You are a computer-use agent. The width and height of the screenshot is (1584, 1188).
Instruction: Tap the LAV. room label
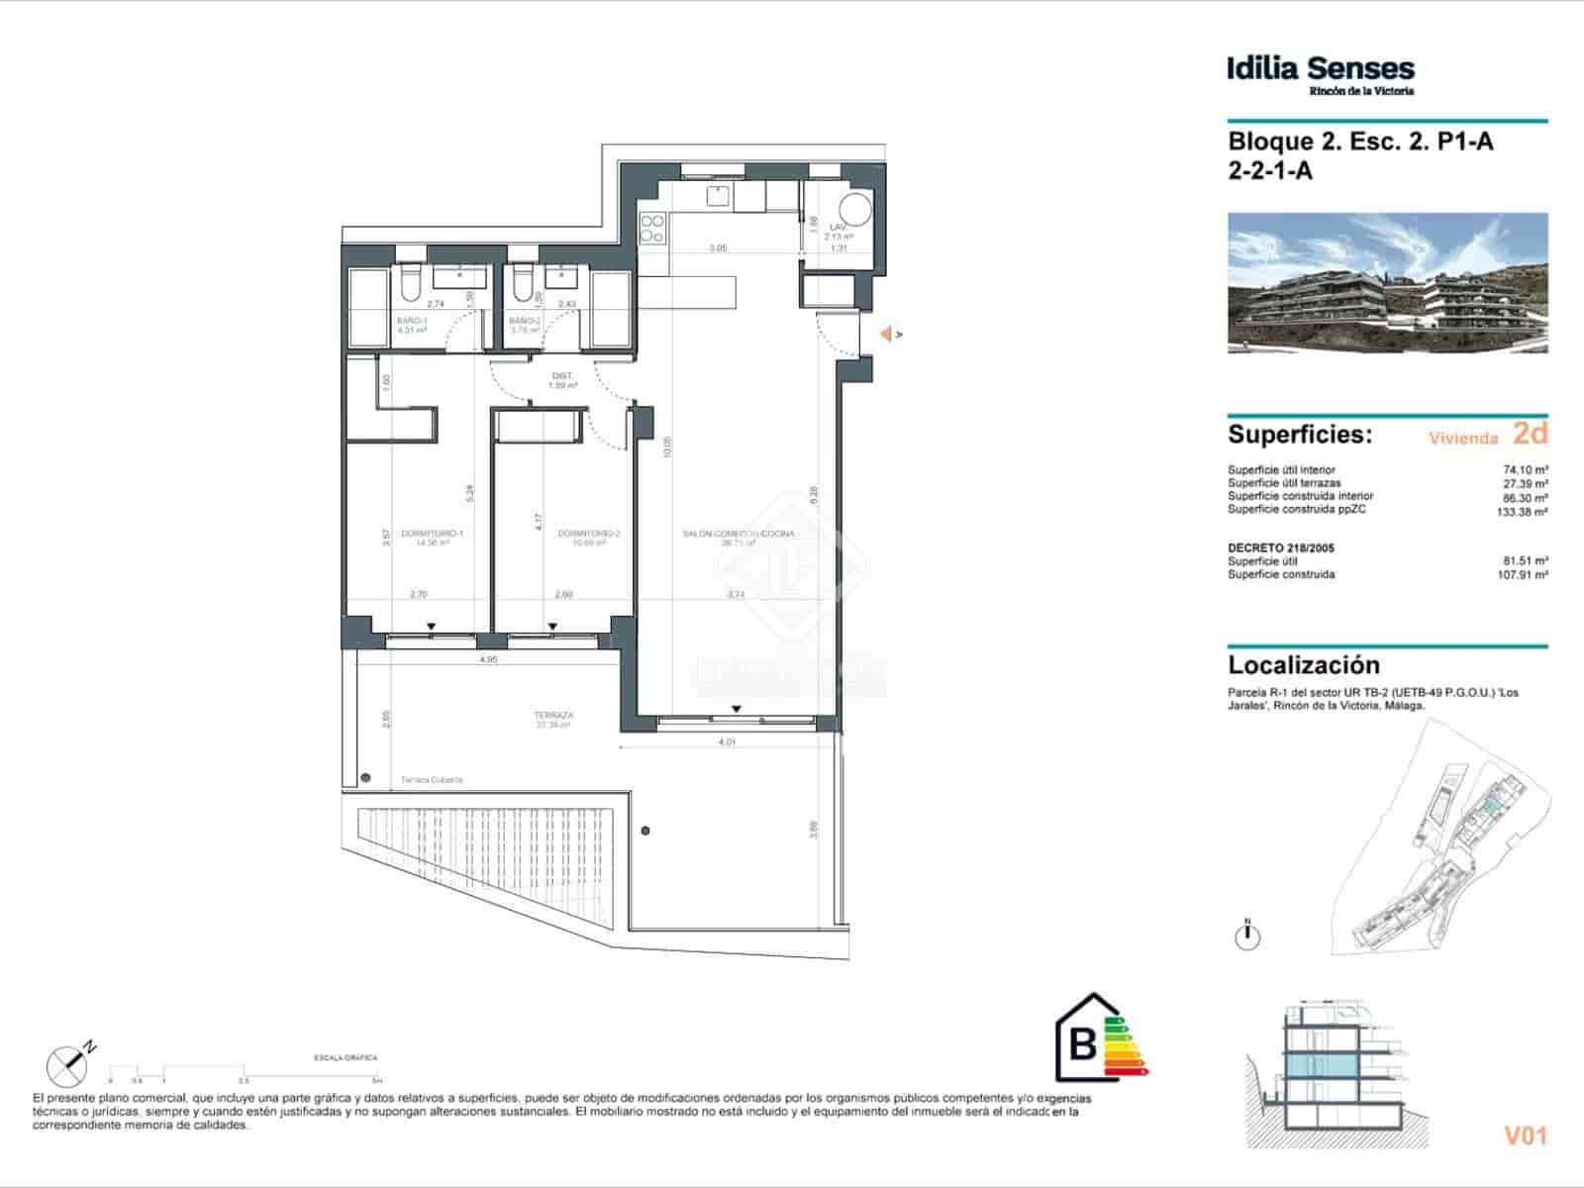tap(839, 228)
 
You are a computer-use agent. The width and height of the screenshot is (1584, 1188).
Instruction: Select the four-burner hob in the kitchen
tap(651, 230)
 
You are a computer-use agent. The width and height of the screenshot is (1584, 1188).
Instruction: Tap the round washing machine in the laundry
tap(853, 210)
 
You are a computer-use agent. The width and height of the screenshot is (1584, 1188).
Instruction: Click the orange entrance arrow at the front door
tap(888, 335)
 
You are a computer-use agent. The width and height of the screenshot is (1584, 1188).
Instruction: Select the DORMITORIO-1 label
tap(432, 534)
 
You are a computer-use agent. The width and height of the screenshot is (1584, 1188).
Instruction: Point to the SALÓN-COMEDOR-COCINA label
tap(738, 534)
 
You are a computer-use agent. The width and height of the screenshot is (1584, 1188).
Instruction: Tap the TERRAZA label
tap(554, 715)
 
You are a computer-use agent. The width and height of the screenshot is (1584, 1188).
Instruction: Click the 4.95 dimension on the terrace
tap(487, 658)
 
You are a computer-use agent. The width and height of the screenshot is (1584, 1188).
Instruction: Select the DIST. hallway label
tap(562, 376)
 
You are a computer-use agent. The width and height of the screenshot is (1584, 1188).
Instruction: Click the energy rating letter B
tap(1084, 1044)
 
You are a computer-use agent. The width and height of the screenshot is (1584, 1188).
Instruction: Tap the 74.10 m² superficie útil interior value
tap(1526, 470)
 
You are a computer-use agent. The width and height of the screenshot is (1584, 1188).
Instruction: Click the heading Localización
tap(1303, 665)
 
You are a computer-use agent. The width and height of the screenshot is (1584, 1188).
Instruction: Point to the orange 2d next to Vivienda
tap(1530, 434)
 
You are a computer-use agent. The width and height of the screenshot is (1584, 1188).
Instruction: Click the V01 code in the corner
tap(1525, 1137)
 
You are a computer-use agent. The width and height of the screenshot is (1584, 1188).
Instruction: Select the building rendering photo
tap(1387, 283)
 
